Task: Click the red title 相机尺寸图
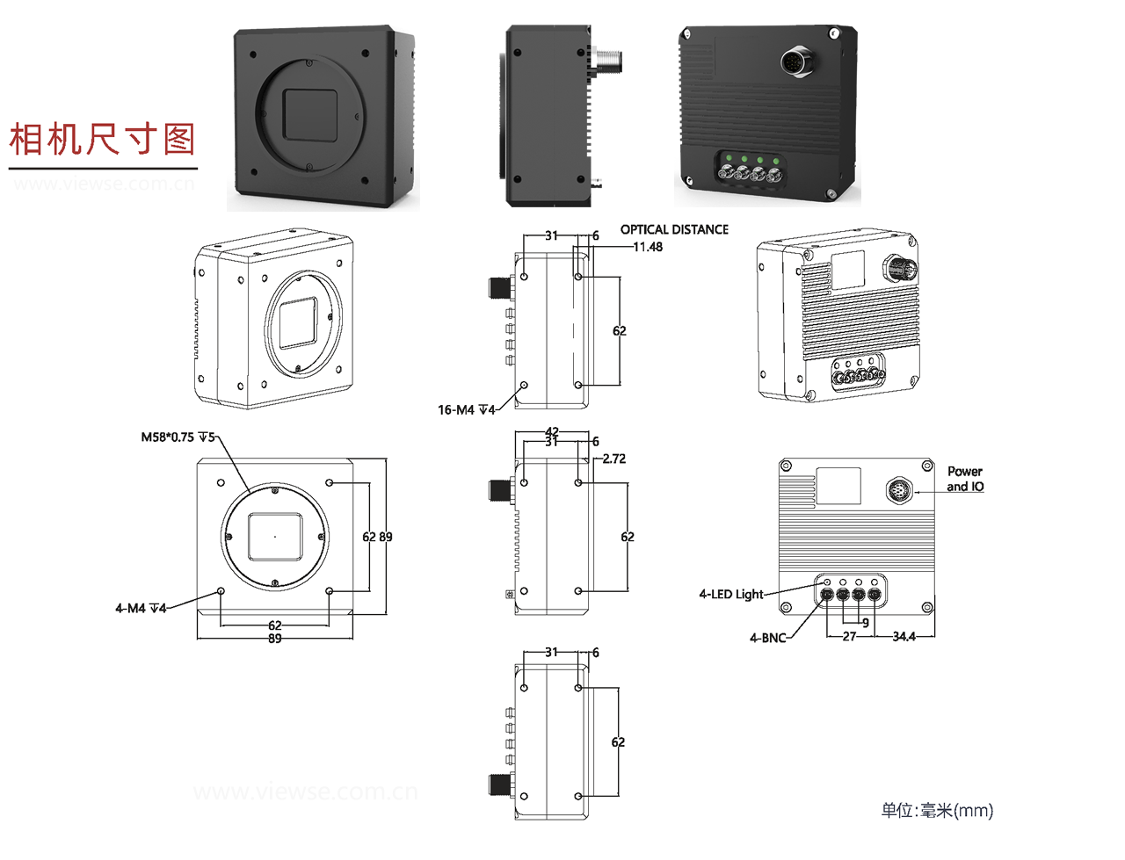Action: pyautogui.click(x=102, y=140)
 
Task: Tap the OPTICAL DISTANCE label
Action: pyautogui.click(x=674, y=229)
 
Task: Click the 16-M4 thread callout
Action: pyautogui.click(x=466, y=409)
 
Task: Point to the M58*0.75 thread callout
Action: pyautogui.click(x=178, y=437)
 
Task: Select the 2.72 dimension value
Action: pyautogui.click(x=613, y=459)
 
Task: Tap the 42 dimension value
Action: pyautogui.click(x=552, y=431)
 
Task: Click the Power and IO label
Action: pyautogui.click(x=965, y=479)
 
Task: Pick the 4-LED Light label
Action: pyautogui.click(x=731, y=594)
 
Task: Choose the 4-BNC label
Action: pyautogui.click(x=767, y=638)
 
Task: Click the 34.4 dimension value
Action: pyautogui.click(x=904, y=636)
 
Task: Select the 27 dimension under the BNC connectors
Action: pyautogui.click(x=849, y=636)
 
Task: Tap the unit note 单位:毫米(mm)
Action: pyautogui.click(x=937, y=810)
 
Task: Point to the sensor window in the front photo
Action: pyautogui.click(x=310, y=115)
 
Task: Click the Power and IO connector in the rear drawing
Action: pyautogui.click(x=899, y=489)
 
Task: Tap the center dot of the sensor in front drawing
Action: pyautogui.click(x=275, y=536)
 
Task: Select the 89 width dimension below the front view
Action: pyautogui.click(x=275, y=639)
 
